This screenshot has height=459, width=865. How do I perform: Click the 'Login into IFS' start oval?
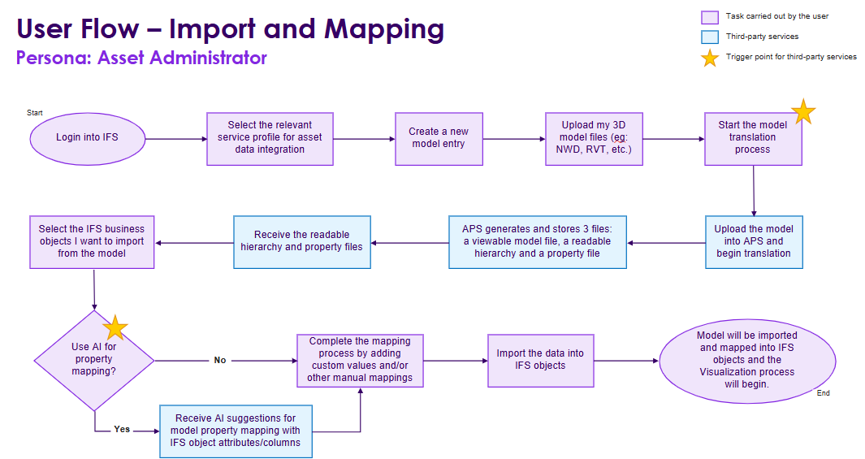pos(87,136)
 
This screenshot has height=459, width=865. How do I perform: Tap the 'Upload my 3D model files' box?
pos(595,137)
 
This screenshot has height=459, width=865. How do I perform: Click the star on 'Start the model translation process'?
pos(802,112)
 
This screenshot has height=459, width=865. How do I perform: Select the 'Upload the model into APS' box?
pos(753,241)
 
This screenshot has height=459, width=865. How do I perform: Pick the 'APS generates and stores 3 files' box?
pos(537,241)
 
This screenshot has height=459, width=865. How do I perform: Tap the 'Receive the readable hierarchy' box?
pos(302,241)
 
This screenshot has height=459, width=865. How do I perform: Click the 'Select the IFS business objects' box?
pos(91,241)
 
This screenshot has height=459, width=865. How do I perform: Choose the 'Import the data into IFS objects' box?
pos(540,360)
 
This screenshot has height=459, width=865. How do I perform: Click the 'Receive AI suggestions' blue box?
pos(236,431)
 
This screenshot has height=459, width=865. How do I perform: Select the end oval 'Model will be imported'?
pos(746,359)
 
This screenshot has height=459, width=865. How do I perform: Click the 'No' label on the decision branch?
pos(220,360)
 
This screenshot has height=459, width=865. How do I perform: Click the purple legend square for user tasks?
pos(709,16)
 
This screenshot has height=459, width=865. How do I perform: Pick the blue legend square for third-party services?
pos(709,37)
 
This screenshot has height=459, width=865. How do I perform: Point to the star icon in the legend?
pos(709,58)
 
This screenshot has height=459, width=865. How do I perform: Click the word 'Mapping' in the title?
pos(384,29)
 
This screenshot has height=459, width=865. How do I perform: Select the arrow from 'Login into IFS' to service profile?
pos(175,138)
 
